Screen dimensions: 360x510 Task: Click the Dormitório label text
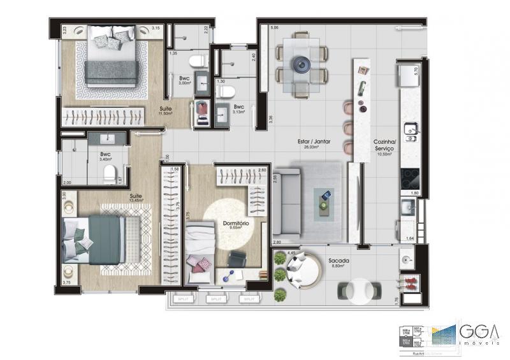tap(235, 224)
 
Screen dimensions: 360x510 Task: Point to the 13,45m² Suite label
tap(136, 197)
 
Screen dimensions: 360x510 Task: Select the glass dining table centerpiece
tap(301, 64)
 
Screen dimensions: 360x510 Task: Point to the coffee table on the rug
tap(326, 199)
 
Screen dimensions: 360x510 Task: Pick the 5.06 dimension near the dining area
tap(273, 28)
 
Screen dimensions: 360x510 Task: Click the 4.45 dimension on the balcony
tap(291, 254)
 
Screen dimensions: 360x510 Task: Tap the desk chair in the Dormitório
tap(237, 259)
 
